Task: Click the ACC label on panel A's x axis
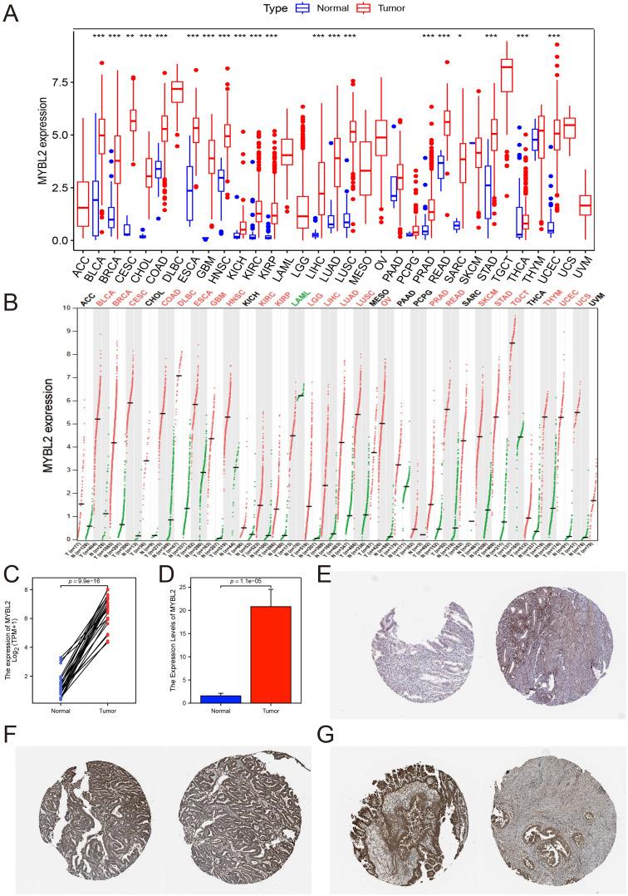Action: click(82, 263)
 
